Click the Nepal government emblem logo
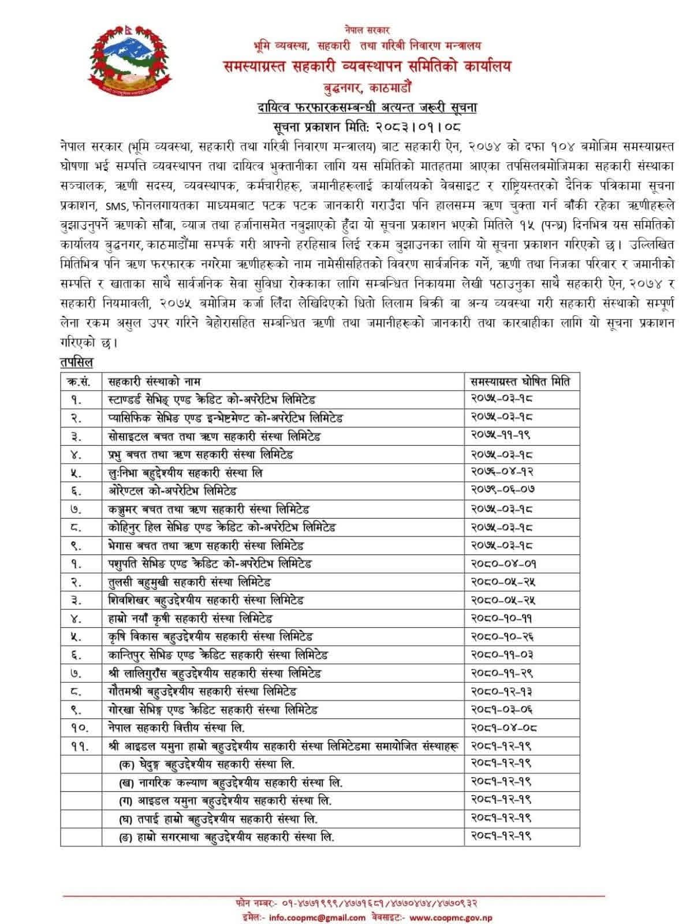(x=131, y=61)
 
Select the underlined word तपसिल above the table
(x=76, y=362)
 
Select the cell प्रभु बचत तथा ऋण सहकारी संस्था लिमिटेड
(x=200, y=454)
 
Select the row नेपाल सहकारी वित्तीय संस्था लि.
(x=180, y=728)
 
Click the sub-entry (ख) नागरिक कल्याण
(x=230, y=783)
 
